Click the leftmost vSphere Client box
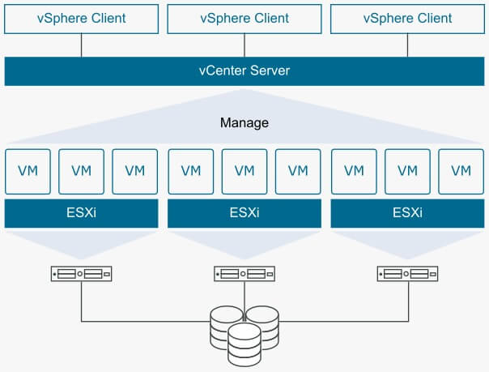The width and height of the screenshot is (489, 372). (81, 18)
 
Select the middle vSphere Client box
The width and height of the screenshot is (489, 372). (244, 18)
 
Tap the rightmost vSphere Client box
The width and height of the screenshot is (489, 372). (407, 18)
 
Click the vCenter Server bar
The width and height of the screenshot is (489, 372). (244, 71)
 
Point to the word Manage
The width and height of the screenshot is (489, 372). (244, 123)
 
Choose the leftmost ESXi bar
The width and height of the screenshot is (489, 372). (81, 214)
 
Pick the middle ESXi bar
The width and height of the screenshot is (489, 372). (244, 214)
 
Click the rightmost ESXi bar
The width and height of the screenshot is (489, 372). (407, 214)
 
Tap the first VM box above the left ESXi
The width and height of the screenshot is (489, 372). (28, 170)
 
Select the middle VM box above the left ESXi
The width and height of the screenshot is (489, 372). (81, 170)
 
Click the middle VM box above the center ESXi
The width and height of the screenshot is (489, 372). (244, 170)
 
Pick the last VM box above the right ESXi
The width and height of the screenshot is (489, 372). (461, 170)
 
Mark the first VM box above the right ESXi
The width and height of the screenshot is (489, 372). (354, 170)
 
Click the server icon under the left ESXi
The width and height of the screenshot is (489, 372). (81, 275)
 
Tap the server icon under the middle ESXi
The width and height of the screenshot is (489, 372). (244, 275)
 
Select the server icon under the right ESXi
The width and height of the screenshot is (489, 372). (407, 275)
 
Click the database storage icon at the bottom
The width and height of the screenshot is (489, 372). (244, 332)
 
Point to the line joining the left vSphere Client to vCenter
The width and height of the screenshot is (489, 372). (81, 45)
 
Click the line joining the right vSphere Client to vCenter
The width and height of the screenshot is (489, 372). (407, 45)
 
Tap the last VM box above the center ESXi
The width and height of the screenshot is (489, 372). (298, 170)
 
